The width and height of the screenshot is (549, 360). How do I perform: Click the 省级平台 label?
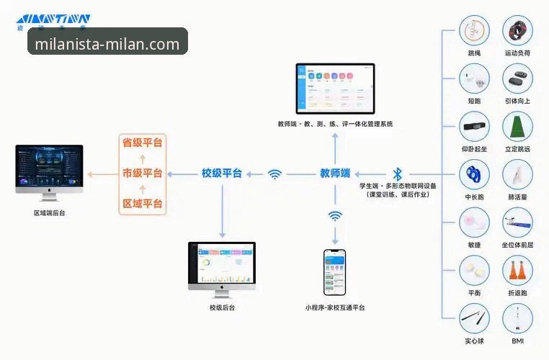142,143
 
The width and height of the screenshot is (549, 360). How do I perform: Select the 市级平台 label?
142,174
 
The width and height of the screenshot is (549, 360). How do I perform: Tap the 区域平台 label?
142,204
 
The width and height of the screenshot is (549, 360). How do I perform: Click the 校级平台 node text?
221,174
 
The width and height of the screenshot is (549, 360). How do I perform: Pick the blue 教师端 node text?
335,174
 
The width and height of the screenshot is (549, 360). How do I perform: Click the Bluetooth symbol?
397,174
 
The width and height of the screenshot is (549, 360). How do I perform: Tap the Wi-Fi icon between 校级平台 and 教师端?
274,174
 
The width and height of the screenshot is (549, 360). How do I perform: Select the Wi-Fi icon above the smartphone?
335,216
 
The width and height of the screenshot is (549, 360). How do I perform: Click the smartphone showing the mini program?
334,273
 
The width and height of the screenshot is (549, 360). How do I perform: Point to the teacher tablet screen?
336,88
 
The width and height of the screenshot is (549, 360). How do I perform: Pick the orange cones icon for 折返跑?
517,271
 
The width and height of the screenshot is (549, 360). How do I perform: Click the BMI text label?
517,341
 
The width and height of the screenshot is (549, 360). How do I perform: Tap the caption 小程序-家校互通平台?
334,307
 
